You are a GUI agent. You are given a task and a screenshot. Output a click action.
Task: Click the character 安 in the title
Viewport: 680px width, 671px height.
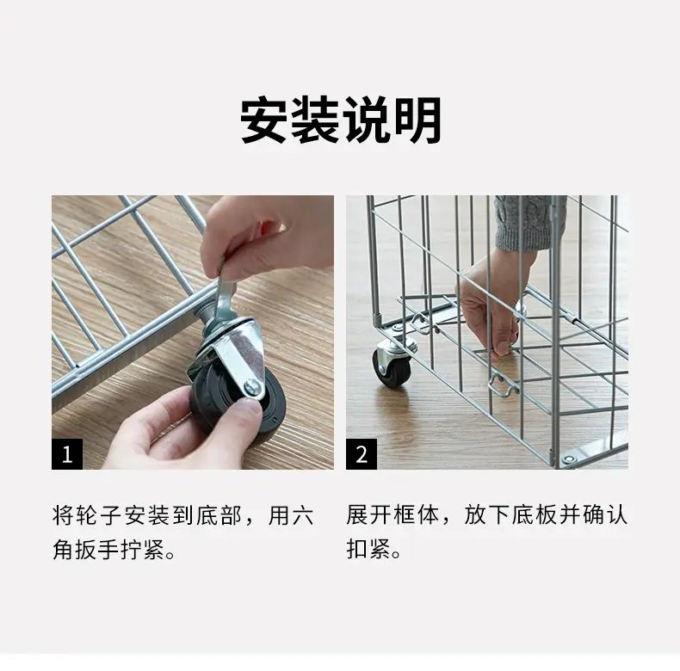263,120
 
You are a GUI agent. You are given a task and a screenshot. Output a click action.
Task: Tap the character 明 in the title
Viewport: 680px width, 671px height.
417,120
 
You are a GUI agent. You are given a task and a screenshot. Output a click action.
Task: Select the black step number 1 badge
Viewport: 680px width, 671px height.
67,454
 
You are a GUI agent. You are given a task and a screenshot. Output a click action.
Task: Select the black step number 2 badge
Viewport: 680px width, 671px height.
362,454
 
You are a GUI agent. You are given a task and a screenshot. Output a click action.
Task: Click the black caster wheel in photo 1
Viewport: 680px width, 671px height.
238,399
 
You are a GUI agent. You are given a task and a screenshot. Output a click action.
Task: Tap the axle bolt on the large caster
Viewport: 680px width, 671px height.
252,386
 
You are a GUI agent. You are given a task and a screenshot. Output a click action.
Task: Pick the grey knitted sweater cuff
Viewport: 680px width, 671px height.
530,222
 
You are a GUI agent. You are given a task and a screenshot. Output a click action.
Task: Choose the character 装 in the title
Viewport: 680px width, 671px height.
314,120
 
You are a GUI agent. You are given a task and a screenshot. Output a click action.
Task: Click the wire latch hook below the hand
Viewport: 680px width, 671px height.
503,385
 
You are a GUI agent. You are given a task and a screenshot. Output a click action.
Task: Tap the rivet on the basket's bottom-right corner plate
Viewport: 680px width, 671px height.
569,459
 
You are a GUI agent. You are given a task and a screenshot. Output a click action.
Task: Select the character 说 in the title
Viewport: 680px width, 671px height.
366,120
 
